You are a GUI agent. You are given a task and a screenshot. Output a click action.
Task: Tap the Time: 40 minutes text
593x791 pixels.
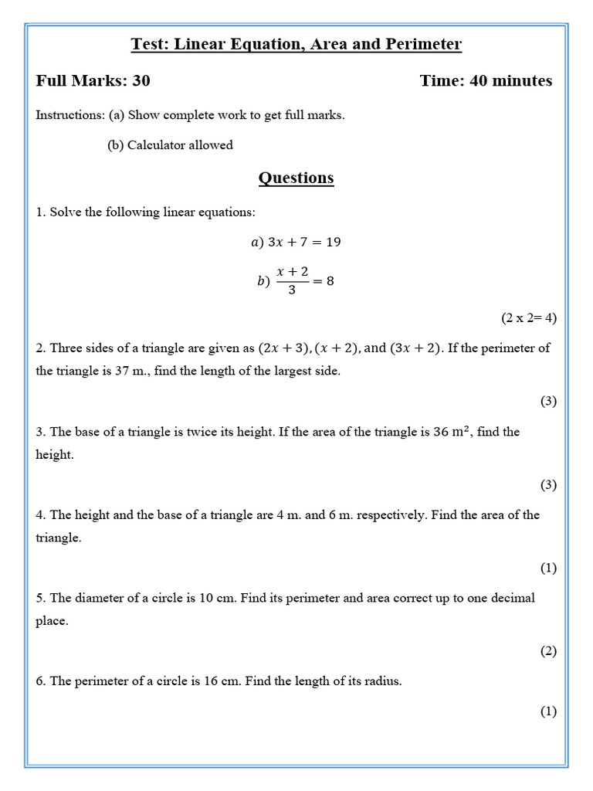[486, 81]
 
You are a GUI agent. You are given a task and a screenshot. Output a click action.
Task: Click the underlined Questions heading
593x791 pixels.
[296, 178]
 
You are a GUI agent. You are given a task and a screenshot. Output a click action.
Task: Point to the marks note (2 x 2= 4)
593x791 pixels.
[528, 317]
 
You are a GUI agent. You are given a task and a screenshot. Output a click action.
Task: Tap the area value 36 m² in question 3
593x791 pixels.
[454, 432]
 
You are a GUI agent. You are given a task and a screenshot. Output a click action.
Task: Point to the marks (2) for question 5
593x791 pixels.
[547, 651]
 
